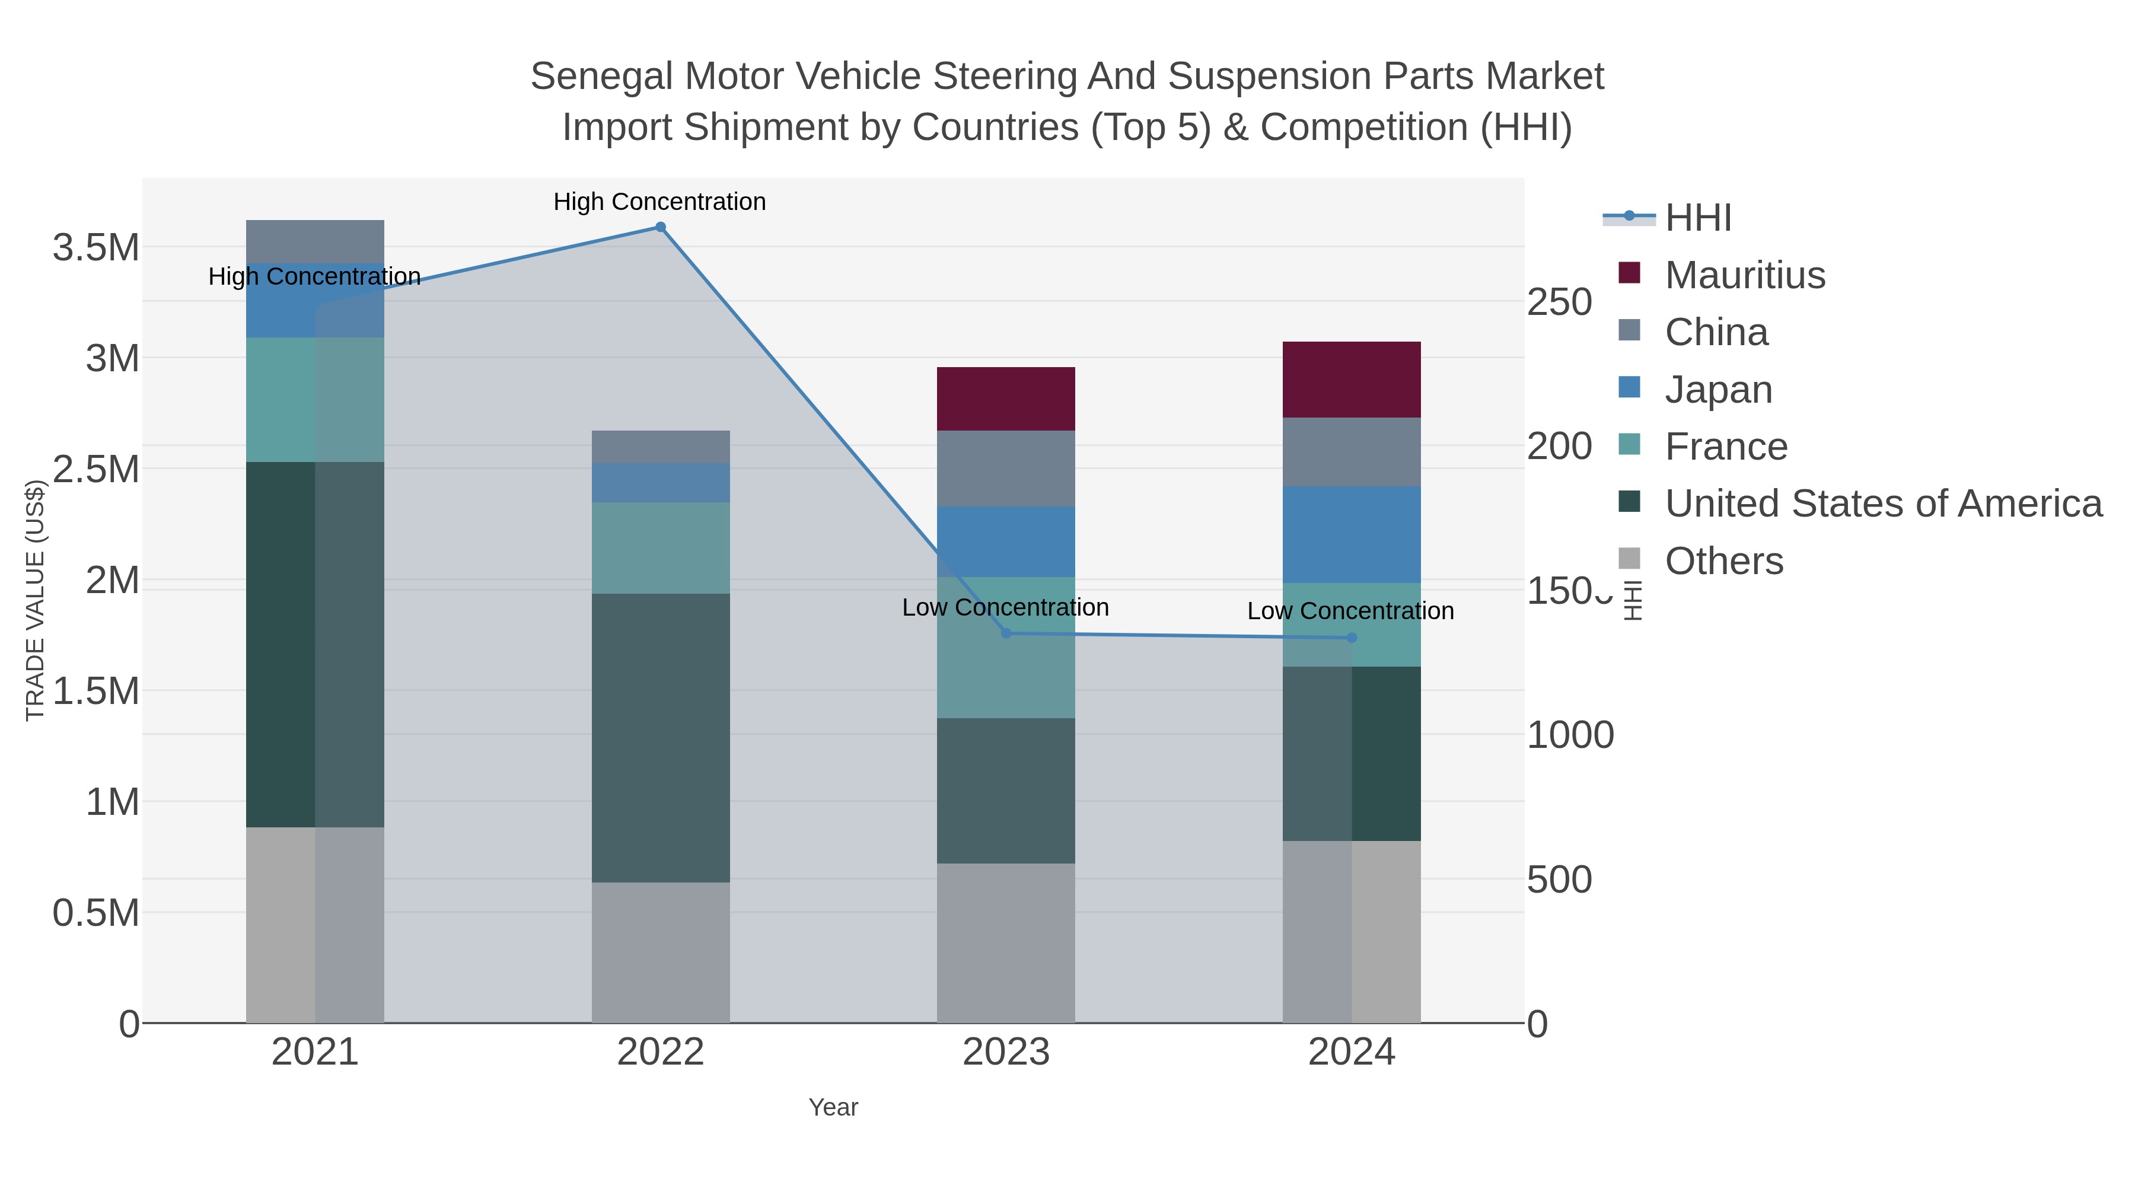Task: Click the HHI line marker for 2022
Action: (661, 227)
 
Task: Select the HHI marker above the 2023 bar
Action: (1006, 633)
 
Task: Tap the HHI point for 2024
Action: (1352, 638)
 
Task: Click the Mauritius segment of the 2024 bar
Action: (1352, 380)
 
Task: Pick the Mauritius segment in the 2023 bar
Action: (1006, 399)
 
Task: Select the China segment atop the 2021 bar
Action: (315, 241)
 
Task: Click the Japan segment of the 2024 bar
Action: (1352, 534)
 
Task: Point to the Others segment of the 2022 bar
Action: (661, 952)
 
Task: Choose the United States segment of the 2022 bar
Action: (661, 738)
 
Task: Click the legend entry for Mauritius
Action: (1745, 275)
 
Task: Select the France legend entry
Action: (1726, 447)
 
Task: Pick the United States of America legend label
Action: (1883, 504)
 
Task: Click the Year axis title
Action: (833, 1107)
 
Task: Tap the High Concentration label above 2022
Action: (659, 202)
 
